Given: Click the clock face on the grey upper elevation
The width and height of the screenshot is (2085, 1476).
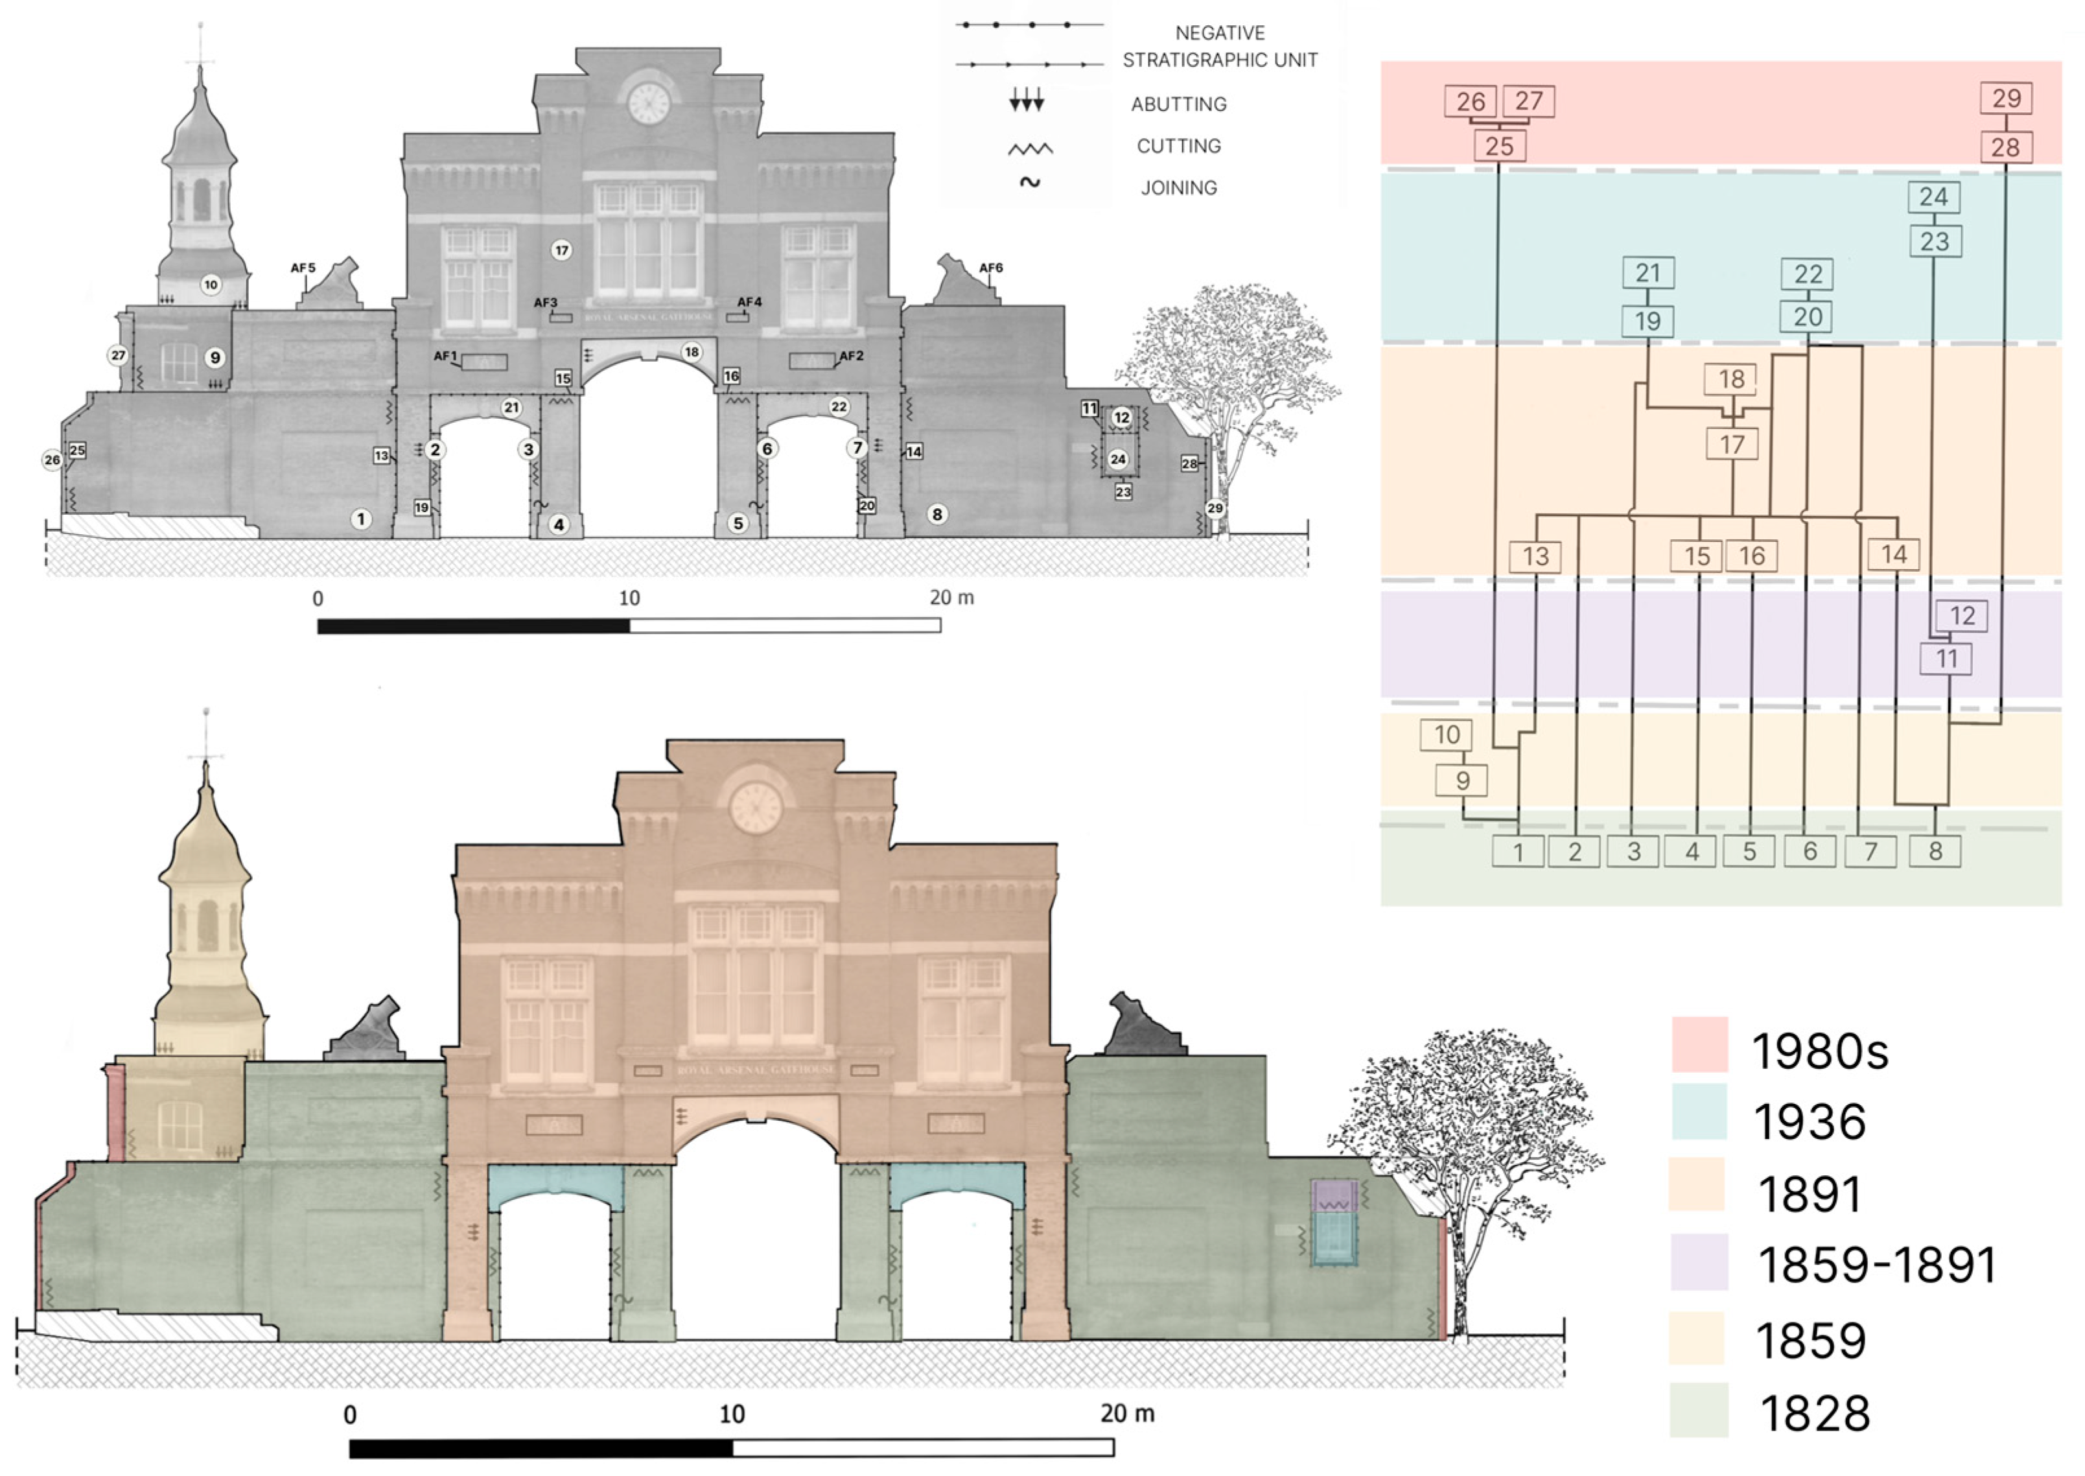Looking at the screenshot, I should (x=649, y=102).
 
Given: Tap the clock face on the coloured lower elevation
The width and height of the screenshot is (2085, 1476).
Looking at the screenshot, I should (x=756, y=808).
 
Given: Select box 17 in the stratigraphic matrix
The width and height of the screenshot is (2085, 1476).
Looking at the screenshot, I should (x=1732, y=445).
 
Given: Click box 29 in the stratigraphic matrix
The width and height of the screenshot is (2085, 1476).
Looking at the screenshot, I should (x=2006, y=98).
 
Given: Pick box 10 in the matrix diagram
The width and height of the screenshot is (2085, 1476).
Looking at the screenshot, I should (x=1447, y=734).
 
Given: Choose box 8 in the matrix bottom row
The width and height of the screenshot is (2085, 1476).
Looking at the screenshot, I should (x=1935, y=852).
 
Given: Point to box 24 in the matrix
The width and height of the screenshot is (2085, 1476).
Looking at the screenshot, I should (x=1933, y=196).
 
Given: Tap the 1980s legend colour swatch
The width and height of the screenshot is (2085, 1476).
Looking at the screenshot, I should (x=1699, y=1044).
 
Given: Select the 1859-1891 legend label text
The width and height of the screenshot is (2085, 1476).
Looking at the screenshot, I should (x=1877, y=1264).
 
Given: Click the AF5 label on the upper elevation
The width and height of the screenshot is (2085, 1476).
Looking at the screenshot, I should (x=303, y=268).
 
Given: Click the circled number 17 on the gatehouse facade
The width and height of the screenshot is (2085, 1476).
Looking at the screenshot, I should (x=561, y=250).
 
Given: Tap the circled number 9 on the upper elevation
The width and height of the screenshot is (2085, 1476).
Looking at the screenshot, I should (x=215, y=357).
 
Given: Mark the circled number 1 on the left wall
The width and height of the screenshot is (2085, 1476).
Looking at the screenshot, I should (x=360, y=519).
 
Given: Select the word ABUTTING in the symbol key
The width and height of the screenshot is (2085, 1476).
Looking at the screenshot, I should (x=1178, y=104).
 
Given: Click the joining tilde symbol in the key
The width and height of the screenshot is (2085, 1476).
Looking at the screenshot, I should (x=1029, y=183).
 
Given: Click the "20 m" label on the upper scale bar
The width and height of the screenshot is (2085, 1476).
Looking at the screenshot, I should (x=951, y=597).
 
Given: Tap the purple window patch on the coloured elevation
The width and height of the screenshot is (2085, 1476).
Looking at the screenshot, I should (x=1334, y=1195).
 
